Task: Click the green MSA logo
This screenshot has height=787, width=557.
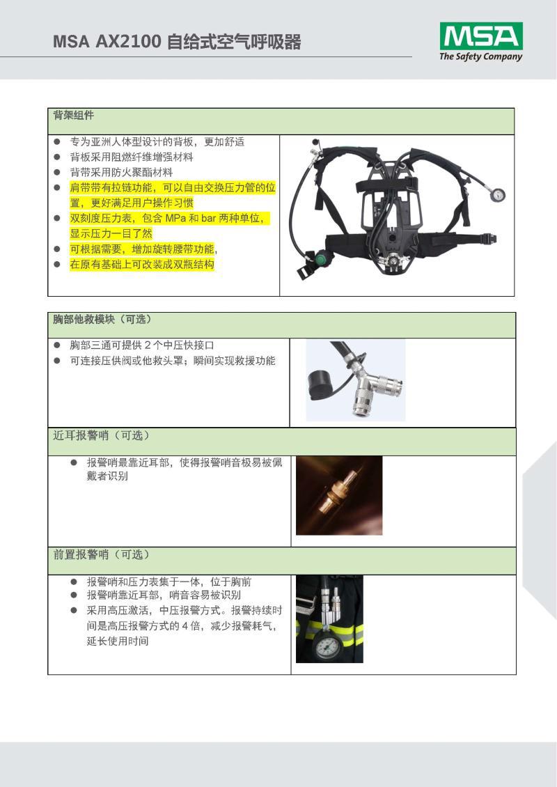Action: click(x=480, y=36)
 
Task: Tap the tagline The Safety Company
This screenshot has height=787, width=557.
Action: click(x=480, y=56)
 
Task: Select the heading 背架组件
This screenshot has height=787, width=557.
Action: click(x=73, y=116)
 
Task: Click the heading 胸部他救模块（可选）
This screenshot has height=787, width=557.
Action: click(x=102, y=319)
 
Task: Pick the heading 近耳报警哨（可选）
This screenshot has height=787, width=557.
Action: click(x=102, y=436)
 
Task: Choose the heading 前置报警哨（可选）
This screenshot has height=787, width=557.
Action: click(x=102, y=554)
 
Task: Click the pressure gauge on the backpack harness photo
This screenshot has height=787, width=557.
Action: click(x=498, y=195)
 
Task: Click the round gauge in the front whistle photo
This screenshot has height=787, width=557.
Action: click(x=327, y=647)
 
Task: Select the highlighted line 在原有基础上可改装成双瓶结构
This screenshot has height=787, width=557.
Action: click(x=142, y=265)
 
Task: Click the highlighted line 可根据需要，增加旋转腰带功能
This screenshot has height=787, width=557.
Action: click(x=143, y=249)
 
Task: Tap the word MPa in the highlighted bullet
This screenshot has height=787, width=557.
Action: click(x=175, y=218)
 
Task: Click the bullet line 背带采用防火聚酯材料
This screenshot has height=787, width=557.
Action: click(x=121, y=173)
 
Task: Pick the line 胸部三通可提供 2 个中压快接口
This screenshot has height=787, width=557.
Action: click(x=142, y=345)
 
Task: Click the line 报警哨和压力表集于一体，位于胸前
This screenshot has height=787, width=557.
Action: click(x=169, y=582)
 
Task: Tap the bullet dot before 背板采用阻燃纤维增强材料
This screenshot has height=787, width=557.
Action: click(x=57, y=157)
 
